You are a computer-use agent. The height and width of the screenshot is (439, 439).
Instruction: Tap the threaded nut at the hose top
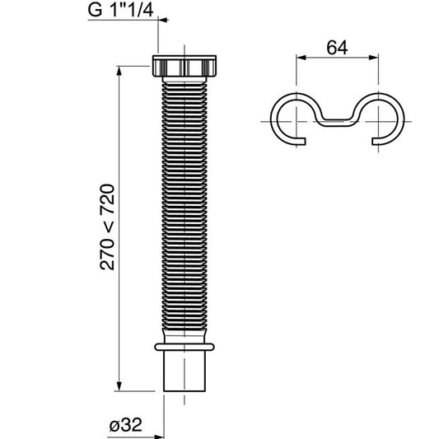189,66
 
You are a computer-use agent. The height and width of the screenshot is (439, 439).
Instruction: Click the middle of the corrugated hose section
189,198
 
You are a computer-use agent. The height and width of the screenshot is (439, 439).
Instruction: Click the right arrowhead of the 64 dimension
380,57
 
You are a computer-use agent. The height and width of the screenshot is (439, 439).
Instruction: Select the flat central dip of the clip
340,125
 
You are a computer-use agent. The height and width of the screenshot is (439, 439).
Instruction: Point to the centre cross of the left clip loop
296,120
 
